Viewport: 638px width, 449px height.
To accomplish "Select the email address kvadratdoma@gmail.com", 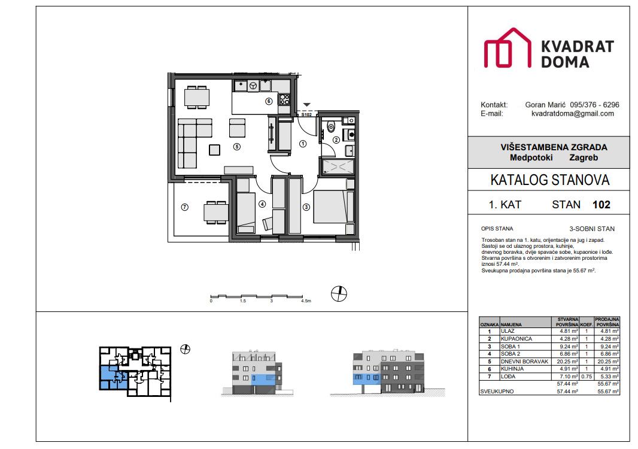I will click(573, 113).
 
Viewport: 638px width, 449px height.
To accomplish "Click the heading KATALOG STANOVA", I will click(549, 180).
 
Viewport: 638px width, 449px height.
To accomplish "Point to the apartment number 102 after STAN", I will click(601, 205).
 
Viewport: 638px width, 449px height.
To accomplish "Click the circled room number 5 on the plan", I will click(237, 146).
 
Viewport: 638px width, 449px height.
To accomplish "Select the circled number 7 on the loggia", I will click(184, 207).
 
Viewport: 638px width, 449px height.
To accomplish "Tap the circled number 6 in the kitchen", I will click(269, 101).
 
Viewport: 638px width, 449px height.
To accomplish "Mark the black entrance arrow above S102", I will click(306, 105).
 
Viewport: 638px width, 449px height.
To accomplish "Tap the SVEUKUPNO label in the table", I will click(496, 392).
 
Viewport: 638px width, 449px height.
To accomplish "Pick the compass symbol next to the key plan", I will click(185, 348).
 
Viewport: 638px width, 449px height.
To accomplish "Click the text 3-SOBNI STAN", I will click(591, 229).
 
